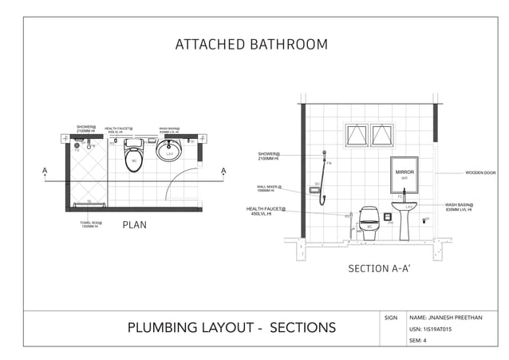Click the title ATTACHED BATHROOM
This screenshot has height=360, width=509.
click(251, 45)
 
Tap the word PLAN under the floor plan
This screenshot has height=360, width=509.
click(134, 225)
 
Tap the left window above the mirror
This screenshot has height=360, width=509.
click(356, 135)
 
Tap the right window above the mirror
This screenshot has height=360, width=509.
click(382, 135)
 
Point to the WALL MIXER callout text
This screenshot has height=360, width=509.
click(269, 188)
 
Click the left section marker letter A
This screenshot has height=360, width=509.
click(45, 171)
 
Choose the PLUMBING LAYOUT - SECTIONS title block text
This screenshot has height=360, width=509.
click(231, 327)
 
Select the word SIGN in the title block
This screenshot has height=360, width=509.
click(391, 318)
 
